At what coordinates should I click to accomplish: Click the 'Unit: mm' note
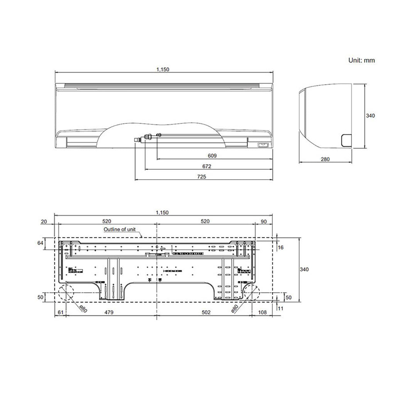361,60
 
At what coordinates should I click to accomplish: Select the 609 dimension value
212,156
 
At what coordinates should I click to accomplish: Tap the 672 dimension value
207,166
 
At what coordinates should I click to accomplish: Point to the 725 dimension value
202,177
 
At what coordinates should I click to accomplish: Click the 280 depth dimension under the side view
325,159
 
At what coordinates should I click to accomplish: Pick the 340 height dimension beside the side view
370,115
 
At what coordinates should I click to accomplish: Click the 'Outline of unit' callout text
120,229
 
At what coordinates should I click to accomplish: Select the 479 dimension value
109,312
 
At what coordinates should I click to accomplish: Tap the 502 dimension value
206,312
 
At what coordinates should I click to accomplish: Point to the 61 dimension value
60,312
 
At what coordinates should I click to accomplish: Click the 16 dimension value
281,247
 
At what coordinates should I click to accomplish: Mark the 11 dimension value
280,309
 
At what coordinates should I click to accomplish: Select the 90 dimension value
264,221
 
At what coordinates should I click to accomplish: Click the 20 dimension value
43,221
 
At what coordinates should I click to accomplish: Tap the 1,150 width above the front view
163,69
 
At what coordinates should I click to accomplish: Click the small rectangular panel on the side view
345,140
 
